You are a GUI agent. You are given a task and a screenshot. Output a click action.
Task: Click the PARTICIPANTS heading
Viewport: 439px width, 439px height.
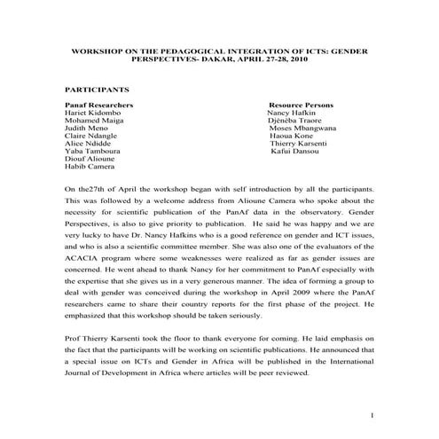tap(98, 90)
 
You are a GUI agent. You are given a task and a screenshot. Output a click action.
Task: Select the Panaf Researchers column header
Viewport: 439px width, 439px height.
tap(99, 105)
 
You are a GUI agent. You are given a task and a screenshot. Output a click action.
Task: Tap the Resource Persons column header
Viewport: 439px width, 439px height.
tap(302, 105)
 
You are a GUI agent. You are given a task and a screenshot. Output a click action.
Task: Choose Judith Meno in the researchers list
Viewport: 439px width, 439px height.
tap(90, 131)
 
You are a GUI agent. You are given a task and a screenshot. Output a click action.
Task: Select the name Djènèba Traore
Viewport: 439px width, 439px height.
tap(296, 122)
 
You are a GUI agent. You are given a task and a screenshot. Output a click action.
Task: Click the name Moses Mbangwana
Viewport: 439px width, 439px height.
tap(303, 131)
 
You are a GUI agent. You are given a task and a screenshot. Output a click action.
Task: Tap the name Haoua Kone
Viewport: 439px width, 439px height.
tap(294, 140)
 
